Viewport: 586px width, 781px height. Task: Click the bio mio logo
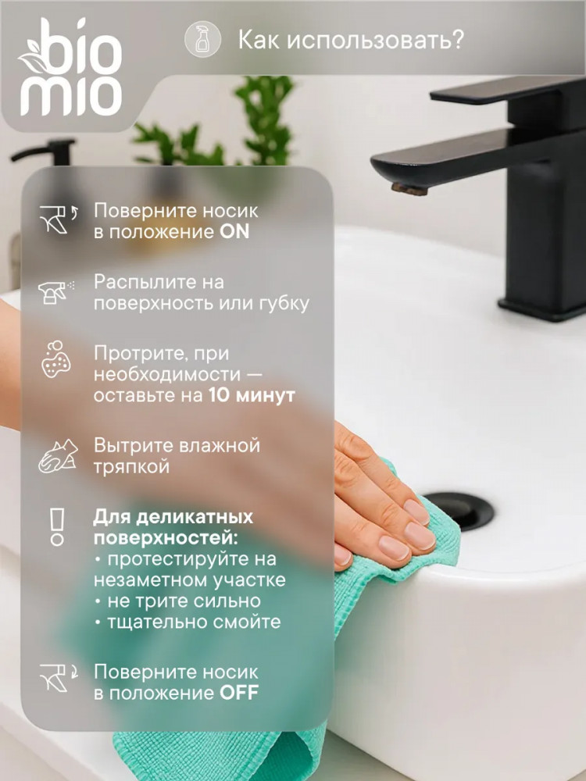coord(70,66)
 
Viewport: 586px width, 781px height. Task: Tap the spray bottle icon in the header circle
coord(202,39)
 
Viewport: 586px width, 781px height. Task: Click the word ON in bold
coord(234,232)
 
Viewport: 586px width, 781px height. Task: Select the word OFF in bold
coord(238,693)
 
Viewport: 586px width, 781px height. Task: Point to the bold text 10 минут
coord(252,395)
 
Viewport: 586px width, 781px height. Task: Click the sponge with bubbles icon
coord(55,359)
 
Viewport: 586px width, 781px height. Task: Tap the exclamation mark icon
coord(57,527)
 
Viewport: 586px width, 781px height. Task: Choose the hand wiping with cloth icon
coord(59,456)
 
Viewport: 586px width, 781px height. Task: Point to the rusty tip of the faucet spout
coord(409,188)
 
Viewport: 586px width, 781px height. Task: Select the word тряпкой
coord(132,467)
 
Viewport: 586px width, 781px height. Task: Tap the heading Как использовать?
coord(351,40)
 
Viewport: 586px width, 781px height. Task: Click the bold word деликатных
coord(195,518)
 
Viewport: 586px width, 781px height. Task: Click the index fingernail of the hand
coord(416,512)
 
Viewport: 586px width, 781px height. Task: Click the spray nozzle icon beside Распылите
coord(55,292)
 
